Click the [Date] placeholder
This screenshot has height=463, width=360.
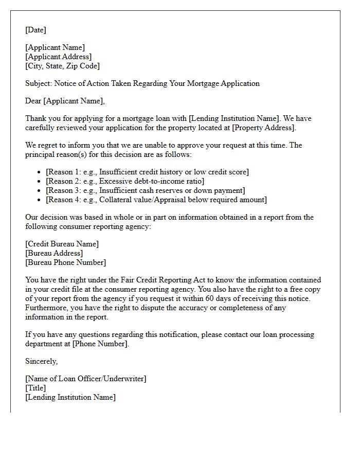point(35,30)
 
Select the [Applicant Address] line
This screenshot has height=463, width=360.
point(59,57)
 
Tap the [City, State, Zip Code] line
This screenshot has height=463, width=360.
point(62,66)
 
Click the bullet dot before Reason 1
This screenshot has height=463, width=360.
point(40,172)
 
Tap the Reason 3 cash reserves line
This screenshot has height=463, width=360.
point(138,190)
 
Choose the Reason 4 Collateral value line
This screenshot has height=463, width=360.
point(156,200)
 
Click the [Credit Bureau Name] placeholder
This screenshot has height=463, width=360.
point(62,244)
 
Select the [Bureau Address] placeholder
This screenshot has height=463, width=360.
point(54,253)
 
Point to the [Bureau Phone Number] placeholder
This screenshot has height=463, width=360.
point(65,262)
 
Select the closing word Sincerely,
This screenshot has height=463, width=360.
point(42,362)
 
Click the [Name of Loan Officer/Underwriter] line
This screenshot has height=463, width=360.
point(86,379)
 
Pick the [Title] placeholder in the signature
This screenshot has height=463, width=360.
point(35,388)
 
